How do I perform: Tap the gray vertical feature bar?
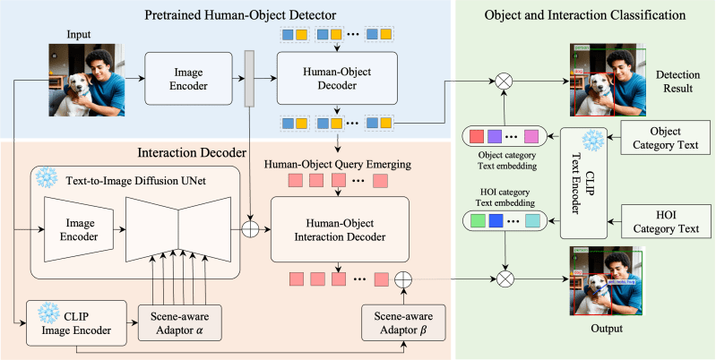pos(250,79)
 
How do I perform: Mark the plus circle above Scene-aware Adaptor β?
pos(404,279)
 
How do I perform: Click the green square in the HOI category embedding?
pos(477,220)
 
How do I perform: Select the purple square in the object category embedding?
pos(494,137)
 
